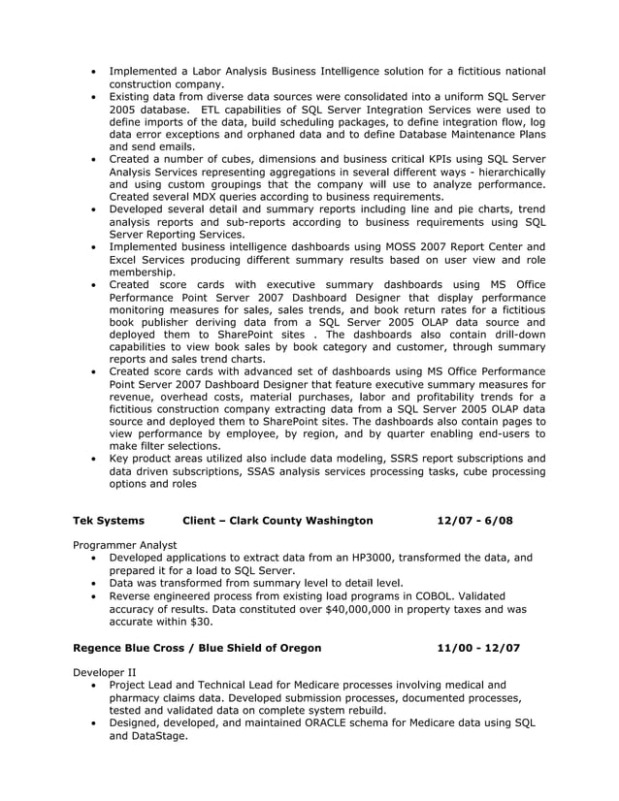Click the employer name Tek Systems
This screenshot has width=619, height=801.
point(108,521)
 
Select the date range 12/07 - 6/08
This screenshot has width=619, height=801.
point(474,521)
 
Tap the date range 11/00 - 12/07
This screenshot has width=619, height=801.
point(478,648)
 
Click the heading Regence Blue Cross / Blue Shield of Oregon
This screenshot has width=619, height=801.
point(197,648)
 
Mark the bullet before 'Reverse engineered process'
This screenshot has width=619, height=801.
point(93,596)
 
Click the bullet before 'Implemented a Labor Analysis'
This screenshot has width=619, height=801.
point(93,72)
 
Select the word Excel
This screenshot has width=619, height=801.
point(126,260)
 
